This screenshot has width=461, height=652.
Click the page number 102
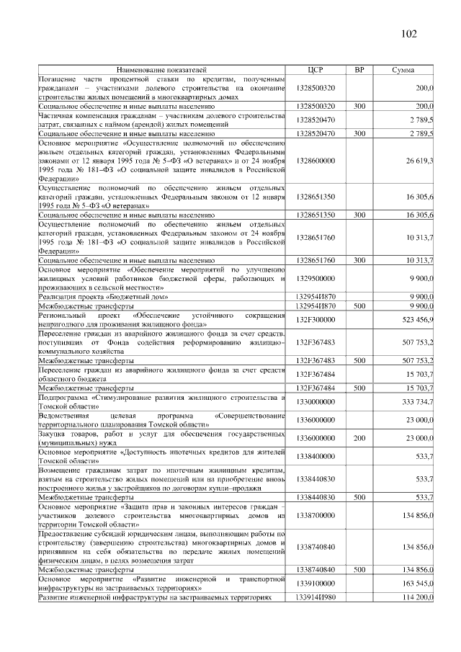[408, 34]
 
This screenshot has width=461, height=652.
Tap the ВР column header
[359, 69]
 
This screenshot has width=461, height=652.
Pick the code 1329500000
[315, 277]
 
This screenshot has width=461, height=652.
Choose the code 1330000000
[315, 401]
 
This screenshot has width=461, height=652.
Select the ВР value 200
[359, 437]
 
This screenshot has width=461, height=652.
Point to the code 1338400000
[315, 455]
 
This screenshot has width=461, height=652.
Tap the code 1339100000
[315, 583]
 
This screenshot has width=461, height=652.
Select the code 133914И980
[315, 598]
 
